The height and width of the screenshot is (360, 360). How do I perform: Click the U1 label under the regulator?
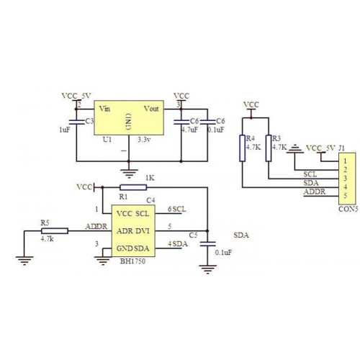(107, 140)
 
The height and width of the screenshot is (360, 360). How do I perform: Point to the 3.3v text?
(144, 140)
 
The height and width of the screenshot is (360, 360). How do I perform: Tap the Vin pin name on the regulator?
(104, 109)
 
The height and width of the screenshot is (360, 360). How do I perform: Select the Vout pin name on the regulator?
(151, 109)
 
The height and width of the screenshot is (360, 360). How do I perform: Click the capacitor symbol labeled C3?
(76, 122)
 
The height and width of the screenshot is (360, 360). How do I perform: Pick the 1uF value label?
(65, 130)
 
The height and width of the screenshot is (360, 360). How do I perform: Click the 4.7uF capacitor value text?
(190, 130)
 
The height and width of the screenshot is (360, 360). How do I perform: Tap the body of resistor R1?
(133, 187)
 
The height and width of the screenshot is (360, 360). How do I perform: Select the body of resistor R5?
(55, 231)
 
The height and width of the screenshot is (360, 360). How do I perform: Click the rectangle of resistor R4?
(243, 148)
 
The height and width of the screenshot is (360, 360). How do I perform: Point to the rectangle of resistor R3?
(269, 148)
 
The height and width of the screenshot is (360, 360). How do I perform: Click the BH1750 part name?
(132, 261)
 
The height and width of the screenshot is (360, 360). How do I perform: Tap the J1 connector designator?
(341, 148)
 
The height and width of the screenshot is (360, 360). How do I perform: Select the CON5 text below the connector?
(348, 209)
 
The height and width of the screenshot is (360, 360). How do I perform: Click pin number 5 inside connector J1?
(345, 196)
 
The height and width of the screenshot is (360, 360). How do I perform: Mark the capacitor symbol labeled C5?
(207, 244)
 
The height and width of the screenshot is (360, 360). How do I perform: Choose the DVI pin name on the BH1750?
(143, 231)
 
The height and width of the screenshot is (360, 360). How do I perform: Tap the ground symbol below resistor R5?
(24, 261)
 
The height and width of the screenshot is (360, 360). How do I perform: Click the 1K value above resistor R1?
(150, 178)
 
